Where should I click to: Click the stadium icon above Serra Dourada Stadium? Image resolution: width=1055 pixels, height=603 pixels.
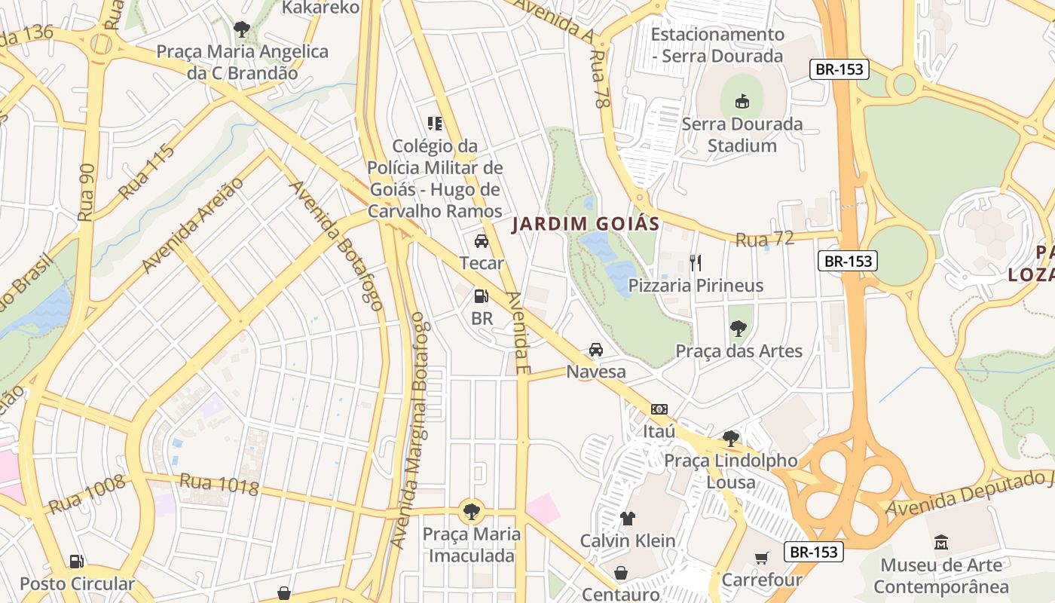coord(742,100)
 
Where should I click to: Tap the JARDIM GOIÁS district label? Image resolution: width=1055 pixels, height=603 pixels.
coord(586,224)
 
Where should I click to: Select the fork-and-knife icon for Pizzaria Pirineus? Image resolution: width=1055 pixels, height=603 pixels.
coord(696,262)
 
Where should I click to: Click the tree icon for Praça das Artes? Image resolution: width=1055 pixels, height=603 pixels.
coord(738,328)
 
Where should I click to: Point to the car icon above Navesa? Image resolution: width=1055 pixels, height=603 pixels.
coord(596,350)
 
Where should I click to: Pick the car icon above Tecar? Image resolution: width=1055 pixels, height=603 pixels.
coord(482,241)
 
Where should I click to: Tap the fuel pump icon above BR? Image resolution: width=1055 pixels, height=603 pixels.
coord(482,296)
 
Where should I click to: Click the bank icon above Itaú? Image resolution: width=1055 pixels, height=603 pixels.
coord(659,409)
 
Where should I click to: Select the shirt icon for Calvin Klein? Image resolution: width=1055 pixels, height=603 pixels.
coord(627,518)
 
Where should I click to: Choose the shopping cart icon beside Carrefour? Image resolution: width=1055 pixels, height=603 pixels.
coord(762,559)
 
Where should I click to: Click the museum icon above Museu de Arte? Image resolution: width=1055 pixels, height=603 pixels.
coord(941,542)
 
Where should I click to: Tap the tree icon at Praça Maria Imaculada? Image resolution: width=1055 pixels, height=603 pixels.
coord(472,511)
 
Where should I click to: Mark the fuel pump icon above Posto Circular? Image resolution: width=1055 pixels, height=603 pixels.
coord(76,561)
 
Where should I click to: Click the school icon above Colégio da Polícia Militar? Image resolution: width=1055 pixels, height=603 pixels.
coord(435,123)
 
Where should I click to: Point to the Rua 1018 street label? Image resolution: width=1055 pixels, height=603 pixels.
coord(219,484)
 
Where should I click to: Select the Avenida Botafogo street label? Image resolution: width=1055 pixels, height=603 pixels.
coord(337,246)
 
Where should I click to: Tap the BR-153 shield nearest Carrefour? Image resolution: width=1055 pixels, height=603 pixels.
coord(814,552)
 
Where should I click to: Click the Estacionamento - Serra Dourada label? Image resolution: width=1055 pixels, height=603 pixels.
coord(717,45)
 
